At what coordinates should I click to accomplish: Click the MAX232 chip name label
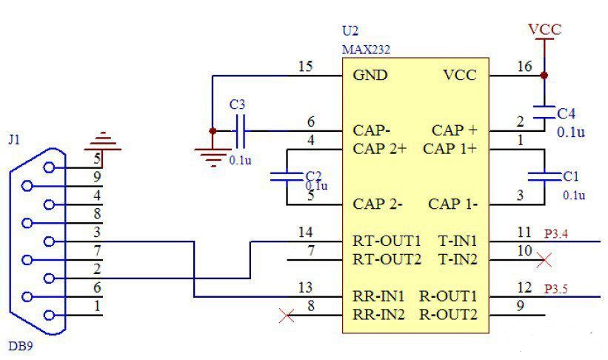365,50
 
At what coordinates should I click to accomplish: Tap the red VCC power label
544,30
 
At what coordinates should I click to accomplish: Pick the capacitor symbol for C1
544,176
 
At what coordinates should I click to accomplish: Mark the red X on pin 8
284,316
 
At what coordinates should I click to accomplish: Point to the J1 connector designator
14,139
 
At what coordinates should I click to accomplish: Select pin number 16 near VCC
524,67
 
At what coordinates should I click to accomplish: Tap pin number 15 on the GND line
305,67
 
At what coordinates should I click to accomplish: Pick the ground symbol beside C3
213,154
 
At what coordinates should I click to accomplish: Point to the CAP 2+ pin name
381,147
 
